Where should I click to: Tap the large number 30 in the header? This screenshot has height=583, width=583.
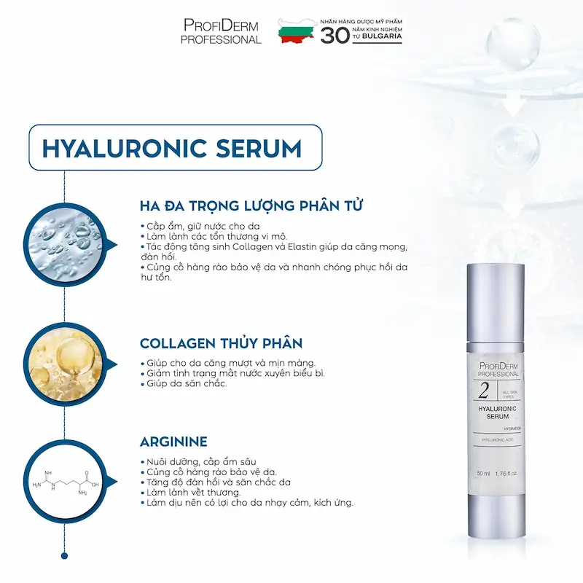[335, 36]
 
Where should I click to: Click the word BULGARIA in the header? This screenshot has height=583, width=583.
[382, 36]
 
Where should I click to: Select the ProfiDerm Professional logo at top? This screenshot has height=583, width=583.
[221, 31]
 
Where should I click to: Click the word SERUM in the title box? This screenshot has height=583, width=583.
[259, 149]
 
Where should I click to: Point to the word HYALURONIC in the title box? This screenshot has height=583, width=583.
[124, 149]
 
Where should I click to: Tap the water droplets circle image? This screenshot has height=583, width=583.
[66, 245]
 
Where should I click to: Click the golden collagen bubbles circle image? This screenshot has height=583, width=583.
[66, 364]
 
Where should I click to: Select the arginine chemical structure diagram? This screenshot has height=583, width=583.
[66, 482]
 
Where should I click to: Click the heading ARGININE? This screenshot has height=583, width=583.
[173, 442]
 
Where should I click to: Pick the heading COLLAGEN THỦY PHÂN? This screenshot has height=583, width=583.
[221, 343]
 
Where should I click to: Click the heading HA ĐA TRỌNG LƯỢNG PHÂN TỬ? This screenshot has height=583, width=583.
[251, 206]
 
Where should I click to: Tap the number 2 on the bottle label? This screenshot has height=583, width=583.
[484, 391]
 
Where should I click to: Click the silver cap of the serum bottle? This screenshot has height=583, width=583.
[496, 302]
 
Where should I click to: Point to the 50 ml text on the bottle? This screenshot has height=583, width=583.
[483, 473]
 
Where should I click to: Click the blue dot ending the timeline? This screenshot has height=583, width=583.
[64, 556]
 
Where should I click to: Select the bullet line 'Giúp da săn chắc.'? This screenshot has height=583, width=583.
[184, 383]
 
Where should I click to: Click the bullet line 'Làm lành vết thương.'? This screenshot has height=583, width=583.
[191, 493]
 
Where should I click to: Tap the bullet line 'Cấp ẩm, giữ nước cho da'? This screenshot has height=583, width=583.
[200, 227]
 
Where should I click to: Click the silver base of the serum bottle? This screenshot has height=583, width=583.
[496, 516]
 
